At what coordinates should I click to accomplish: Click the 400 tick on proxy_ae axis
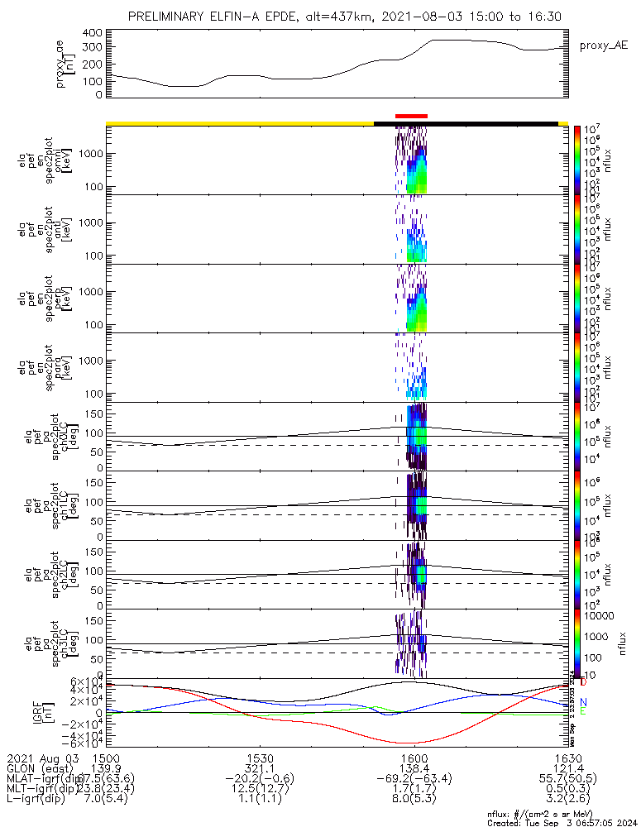(x=93, y=32)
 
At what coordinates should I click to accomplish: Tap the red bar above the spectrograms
(x=411, y=116)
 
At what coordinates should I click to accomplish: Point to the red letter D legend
(x=583, y=682)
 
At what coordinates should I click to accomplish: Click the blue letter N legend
(x=583, y=702)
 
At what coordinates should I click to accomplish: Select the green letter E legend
(x=583, y=711)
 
